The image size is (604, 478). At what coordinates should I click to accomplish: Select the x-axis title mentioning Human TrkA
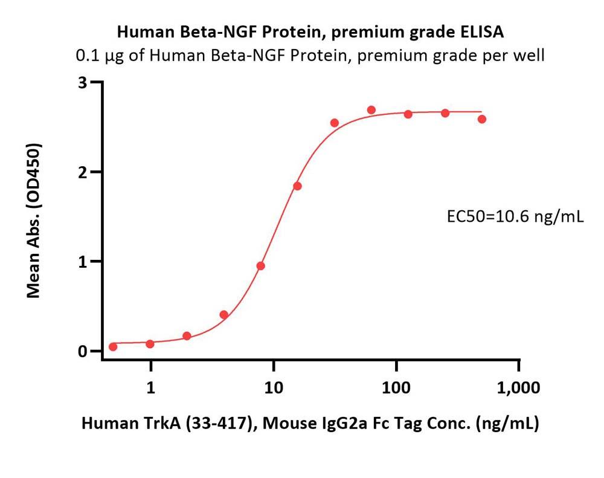[x=310, y=424]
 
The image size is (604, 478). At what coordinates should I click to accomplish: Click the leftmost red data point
[x=113, y=346]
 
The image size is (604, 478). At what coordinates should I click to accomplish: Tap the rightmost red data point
[x=482, y=119]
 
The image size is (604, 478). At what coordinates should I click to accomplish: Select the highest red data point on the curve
[x=371, y=110]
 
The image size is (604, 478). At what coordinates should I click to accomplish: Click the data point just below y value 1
[x=260, y=266]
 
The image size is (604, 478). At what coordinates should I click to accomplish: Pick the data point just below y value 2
[x=297, y=186]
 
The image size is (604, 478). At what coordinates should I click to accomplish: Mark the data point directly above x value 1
[x=150, y=344]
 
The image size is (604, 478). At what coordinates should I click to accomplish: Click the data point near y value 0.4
[x=224, y=315]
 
